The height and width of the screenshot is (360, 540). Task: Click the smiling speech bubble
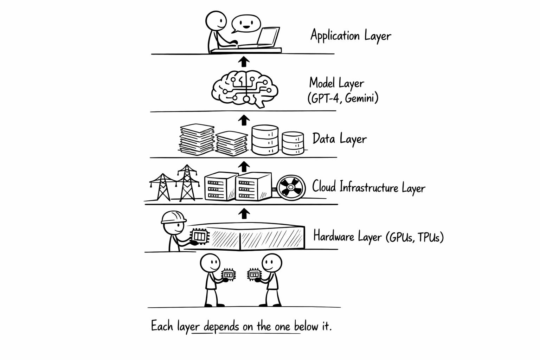245,24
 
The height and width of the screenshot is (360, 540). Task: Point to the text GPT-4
325,98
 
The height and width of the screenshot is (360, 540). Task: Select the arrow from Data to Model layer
243,120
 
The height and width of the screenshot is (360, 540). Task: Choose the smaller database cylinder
293,143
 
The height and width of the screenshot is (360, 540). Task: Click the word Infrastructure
369,187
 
